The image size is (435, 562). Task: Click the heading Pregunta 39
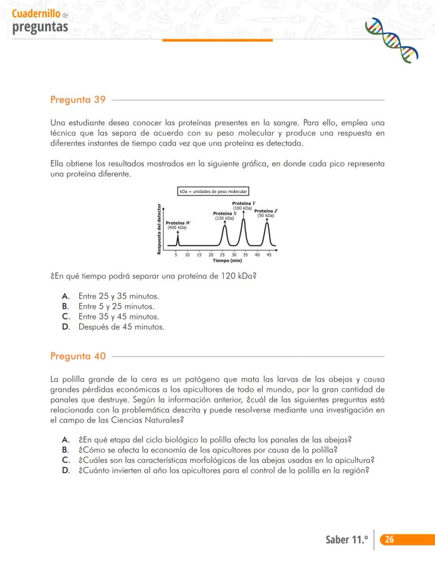click(78, 100)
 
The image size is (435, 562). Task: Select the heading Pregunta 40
click(78, 356)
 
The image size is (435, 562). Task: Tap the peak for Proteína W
click(178, 237)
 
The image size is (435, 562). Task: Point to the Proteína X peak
click(225, 227)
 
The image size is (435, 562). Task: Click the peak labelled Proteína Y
click(243, 220)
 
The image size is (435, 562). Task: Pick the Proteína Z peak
click(267, 225)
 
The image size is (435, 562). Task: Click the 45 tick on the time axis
click(269, 255)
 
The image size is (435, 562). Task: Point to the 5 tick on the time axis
click(176, 255)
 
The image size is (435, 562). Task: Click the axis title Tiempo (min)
click(227, 260)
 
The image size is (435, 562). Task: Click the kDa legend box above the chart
click(213, 192)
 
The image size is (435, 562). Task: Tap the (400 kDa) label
click(177, 228)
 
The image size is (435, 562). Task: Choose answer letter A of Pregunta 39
click(66, 296)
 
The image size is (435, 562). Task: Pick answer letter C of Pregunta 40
click(66, 460)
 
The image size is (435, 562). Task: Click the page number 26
click(389, 539)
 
